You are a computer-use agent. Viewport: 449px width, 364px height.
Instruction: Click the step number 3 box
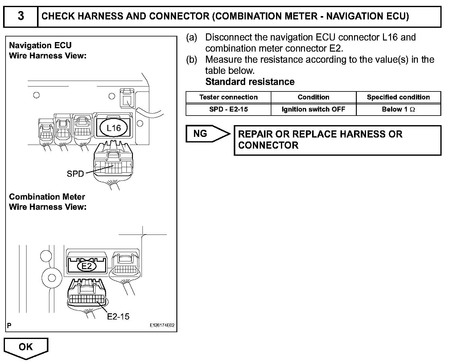[21, 16]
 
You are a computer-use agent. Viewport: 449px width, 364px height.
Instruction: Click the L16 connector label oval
[113, 128]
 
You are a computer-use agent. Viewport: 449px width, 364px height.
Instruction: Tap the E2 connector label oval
[87, 266]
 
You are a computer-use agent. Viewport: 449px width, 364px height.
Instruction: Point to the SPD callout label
[75, 174]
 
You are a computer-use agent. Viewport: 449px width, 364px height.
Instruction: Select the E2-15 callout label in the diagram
[118, 316]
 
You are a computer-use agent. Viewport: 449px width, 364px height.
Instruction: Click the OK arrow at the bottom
[26, 348]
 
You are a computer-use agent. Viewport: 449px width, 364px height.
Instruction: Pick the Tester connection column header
[228, 97]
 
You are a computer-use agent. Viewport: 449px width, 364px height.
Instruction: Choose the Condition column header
[313, 97]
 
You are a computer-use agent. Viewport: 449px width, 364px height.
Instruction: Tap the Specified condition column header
[398, 97]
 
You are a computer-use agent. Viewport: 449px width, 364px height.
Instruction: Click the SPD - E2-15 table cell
[228, 109]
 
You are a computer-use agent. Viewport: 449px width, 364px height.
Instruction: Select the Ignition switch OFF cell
[313, 109]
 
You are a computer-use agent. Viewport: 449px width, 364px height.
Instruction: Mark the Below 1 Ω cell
[398, 109]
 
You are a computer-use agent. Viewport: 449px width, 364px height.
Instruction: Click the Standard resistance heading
[250, 82]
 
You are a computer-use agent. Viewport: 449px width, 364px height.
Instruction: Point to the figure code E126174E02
[162, 325]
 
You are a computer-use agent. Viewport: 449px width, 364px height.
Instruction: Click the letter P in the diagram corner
[9, 325]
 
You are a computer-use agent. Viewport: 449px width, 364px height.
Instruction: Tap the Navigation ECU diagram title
[40, 45]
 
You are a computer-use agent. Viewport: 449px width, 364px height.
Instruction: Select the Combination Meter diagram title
[47, 197]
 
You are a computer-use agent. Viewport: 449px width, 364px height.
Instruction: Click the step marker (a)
[191, 37]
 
